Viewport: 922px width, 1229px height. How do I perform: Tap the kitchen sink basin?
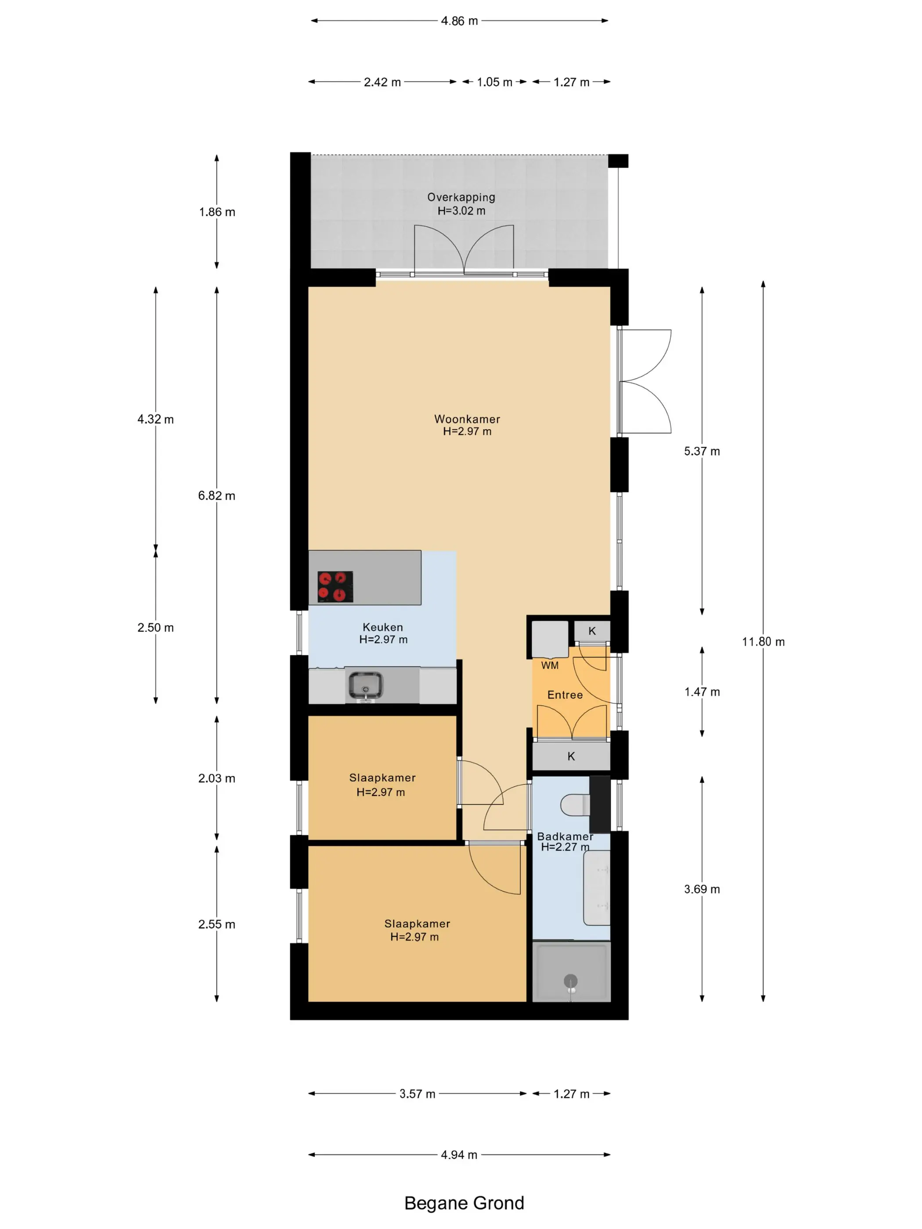[365, 686]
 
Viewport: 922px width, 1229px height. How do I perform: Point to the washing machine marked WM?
[550, 640]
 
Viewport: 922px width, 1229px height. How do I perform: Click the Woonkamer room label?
[467, 419]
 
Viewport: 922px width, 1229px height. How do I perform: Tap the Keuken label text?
[383, 627]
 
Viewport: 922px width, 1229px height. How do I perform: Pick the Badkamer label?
[565, 836]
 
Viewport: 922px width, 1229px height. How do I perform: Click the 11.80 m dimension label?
[764, 642]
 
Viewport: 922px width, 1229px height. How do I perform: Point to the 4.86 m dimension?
[460, 21]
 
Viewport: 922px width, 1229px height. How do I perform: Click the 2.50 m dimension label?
[155, 628]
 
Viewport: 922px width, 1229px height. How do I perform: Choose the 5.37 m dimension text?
[702, 451]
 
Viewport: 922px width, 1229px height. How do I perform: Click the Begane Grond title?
[464, 1203]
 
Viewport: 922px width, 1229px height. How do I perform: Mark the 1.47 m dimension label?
[702, 692]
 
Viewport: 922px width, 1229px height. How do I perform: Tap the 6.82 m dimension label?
[217, 496]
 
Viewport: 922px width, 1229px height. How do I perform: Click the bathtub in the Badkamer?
[597, 888]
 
